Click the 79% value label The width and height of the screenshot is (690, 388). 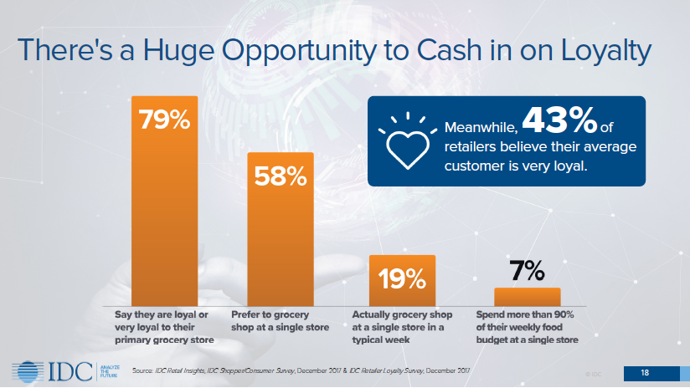(164, 120)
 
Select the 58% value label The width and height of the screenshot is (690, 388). (281, 177)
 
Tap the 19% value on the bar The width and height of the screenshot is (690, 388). (402, 278)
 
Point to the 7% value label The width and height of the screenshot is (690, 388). (527, 271)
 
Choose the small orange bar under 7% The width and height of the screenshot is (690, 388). (526, 297)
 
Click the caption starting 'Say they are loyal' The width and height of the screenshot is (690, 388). (164, 327)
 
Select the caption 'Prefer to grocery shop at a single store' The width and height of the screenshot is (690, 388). (279, 320)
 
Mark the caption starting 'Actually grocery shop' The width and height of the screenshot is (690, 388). (402, 327)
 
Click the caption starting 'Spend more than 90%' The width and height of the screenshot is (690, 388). (525, 327)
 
